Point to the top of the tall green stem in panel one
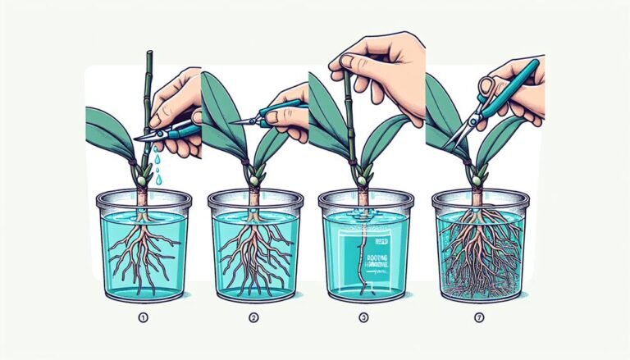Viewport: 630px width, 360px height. tap(149, 56)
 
